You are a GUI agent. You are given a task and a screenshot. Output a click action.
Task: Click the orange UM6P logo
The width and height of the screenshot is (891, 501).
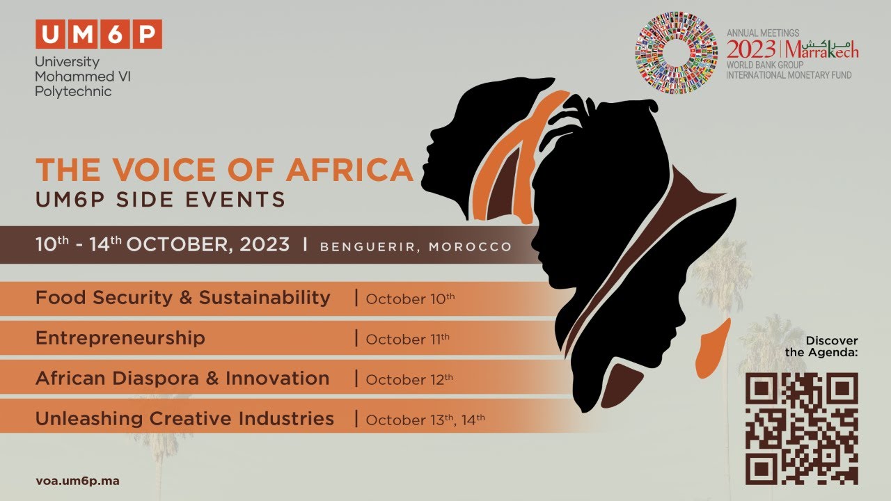pyautogui.click(x=98, y=34)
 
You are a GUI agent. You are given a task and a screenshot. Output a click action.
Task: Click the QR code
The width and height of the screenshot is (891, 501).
pyautogui.click(x=801, y=428)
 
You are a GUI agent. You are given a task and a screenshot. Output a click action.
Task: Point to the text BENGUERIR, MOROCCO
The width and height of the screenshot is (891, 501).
pyautogui.click(x=416, y=247)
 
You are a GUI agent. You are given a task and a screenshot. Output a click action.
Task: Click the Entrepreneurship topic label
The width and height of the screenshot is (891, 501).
pyautogui.click(x=120, y=338)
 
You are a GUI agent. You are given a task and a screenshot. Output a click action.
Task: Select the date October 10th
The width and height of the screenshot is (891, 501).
pyautogui.click(x=410, y=299)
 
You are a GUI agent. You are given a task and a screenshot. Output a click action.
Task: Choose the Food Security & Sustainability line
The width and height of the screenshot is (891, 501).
pyautogui.click(x=183, y=298)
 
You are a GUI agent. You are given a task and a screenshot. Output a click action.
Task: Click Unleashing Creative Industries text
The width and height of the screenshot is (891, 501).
pyautogui.click(x=184, y=419)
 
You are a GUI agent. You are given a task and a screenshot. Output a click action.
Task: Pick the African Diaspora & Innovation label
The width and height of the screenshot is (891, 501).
pyautogui.click(x=182, y=379)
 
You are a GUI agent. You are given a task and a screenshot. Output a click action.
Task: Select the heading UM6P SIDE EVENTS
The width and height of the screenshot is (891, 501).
pyautogui.click(x=160, y=200)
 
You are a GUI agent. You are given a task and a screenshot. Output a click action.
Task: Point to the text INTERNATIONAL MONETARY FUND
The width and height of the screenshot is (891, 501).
pyautogui.click(x=789, y=75)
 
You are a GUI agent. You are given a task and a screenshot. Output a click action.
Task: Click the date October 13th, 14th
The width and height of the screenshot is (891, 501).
pyautogui.click(x=425, y=420)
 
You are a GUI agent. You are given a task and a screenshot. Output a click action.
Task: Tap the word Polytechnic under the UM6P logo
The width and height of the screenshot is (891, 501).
pyautogui.click(x=73, y=91)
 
